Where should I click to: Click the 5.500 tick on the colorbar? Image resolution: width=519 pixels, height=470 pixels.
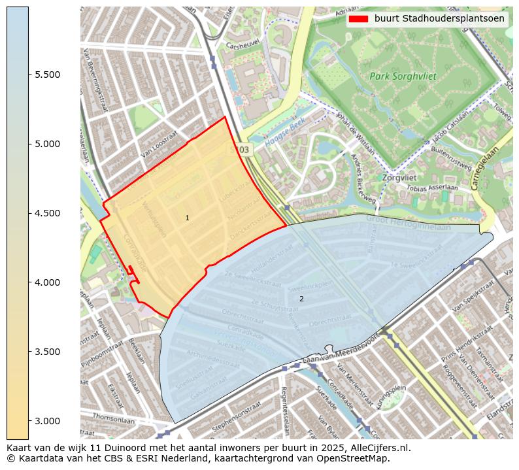pos(47,75)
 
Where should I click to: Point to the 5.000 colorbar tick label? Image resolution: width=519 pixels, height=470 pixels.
pos(47,144)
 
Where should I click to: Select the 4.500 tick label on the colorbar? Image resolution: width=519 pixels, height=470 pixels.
pos(47,213)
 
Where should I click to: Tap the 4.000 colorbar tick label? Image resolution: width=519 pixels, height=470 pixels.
pos(47,282)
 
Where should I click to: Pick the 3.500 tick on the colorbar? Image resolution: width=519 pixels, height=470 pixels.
pos(47,352)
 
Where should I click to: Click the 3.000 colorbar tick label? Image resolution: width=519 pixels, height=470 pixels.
pos(47,421)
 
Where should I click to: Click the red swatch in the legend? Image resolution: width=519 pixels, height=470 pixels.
pos(359,19)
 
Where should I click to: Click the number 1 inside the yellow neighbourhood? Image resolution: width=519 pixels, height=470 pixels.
pos(187,218)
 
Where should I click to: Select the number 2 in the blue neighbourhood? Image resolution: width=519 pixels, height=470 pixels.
pos(301,299)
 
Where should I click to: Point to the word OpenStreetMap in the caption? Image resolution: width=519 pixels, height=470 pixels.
pos(355,458)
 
